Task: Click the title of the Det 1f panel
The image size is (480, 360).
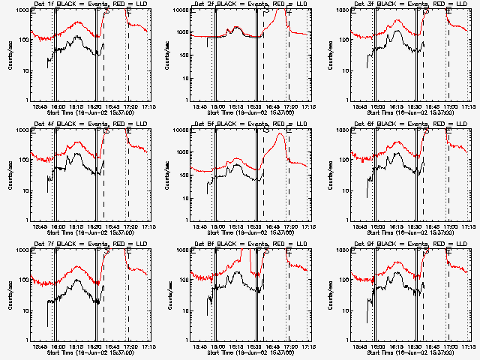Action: click(x=90, y=4)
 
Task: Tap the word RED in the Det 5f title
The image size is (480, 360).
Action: click(x=267, y=124)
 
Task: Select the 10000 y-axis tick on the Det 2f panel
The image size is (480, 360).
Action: click(x=181, y=10)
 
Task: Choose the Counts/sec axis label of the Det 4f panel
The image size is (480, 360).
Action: click(x=10, y=174)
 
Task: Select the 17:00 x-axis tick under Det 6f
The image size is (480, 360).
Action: click(x=450, y=226)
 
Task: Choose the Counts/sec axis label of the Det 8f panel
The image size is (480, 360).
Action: click(x=170, y=294)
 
